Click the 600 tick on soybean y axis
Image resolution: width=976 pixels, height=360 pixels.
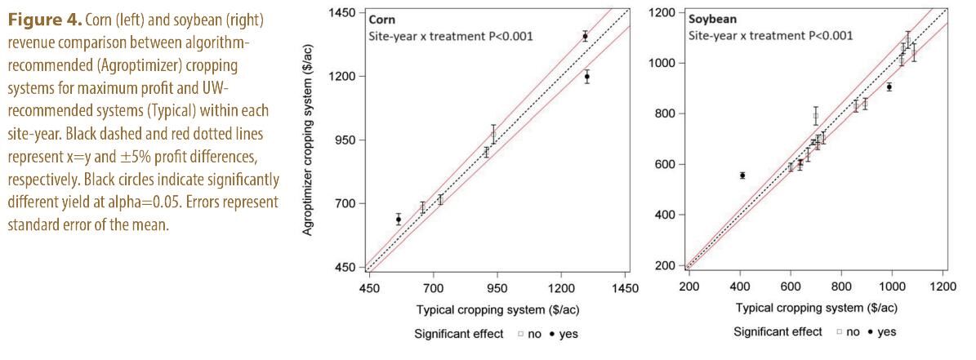pos(668,164)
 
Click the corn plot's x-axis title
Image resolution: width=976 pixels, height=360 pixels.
pos(497,309)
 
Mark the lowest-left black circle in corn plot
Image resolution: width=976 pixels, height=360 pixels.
pos(399,219)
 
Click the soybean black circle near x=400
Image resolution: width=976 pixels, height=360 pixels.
pos(742,176)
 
